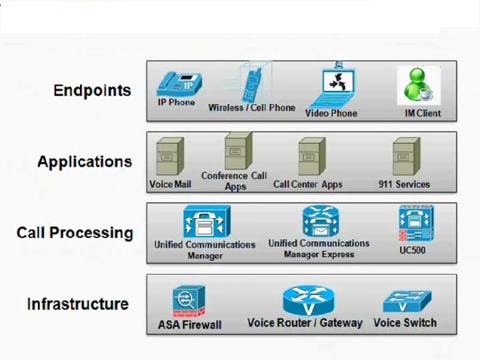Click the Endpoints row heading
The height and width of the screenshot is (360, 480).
(x=92, y=91)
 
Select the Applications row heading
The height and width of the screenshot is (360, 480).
(x=85, y=162)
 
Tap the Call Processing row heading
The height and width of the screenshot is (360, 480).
(x=75, y=233)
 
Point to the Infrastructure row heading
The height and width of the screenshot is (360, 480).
(x=77, y=304)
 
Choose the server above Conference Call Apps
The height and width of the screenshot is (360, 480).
(x=237, y=151)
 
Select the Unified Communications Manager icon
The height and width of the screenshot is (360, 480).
(x=206, y=222)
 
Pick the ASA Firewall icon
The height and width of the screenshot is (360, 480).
(x=189, y=301)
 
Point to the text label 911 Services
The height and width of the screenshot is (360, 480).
(x=404, y=184)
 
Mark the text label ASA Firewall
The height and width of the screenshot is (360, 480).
(x=189, y=325)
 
